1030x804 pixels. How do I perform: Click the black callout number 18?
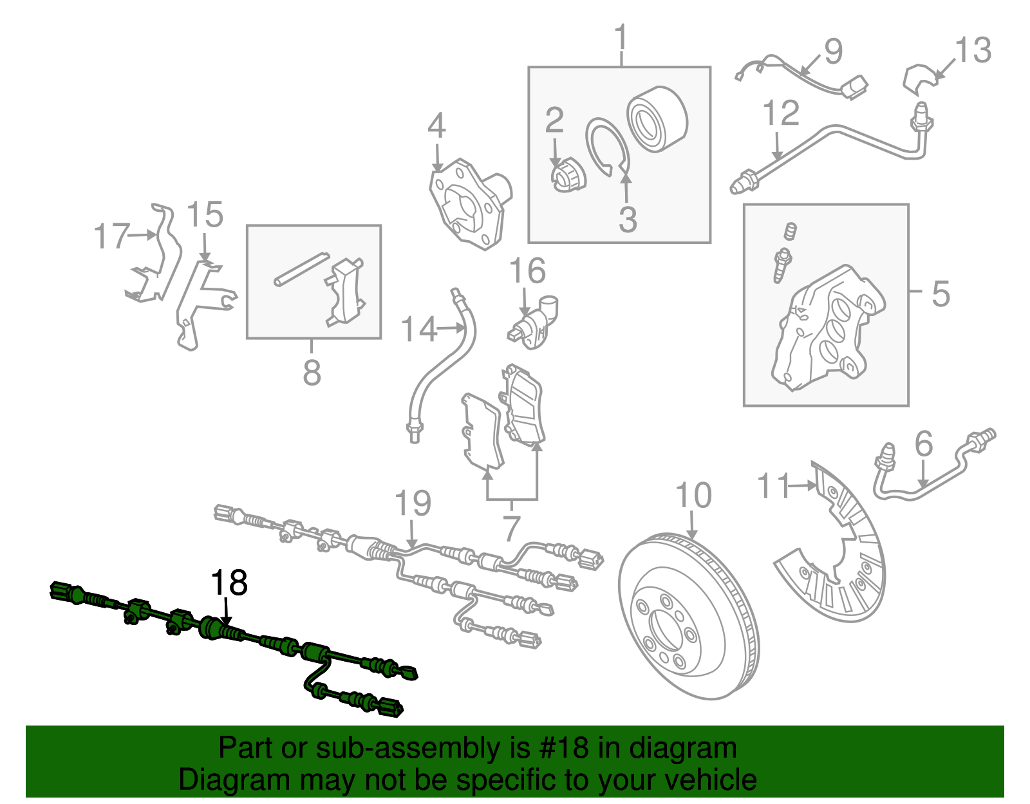click(229, 583)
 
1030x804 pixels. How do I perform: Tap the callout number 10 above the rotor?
click(693, 496)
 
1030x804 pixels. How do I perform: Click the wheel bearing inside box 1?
click(657, 120)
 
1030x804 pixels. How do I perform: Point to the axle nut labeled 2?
click(566, 176)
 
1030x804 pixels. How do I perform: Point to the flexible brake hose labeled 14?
click(444, 367)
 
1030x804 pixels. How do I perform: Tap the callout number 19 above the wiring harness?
click(413, 503)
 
